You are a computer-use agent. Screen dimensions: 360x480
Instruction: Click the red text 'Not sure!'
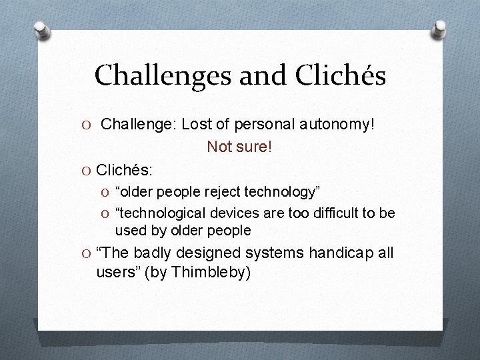(239, 146)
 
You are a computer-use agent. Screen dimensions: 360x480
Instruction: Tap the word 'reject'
(219, 192)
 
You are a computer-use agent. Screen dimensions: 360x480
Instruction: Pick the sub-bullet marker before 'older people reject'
(108, 193)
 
